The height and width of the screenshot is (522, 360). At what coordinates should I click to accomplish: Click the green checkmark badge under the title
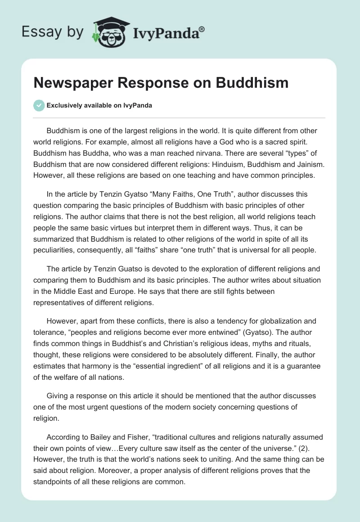tap(39, 105)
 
